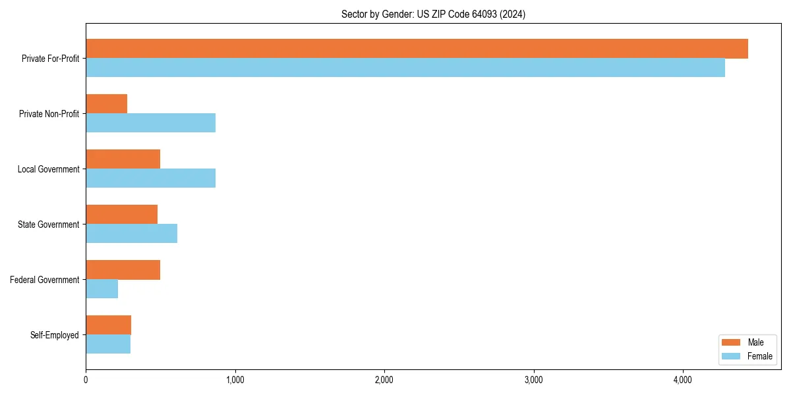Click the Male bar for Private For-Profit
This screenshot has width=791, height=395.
point(417,49)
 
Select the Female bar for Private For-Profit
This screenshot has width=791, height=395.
point(405,68)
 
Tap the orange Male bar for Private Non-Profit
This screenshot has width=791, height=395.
point(106,104)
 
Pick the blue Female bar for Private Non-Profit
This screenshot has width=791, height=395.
point(150,123)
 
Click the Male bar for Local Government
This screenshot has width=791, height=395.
point(123,159)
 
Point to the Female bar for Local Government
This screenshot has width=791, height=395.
point(150,178)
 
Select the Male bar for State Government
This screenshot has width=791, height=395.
point(121,215)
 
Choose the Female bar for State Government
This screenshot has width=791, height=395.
point(131,234)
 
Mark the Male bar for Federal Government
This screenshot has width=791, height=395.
point(123,270)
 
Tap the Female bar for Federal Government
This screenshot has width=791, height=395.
point(102,289)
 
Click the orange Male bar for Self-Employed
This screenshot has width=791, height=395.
point(108,325)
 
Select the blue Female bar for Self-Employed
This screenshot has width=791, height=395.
point(108,344)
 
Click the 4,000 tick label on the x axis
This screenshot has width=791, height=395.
point(682,379)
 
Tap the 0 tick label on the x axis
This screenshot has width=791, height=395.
point(86,379)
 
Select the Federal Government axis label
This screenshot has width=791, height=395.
point(45,280)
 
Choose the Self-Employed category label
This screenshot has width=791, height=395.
point(55,335)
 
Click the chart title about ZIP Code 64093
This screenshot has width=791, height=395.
point(433,14)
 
